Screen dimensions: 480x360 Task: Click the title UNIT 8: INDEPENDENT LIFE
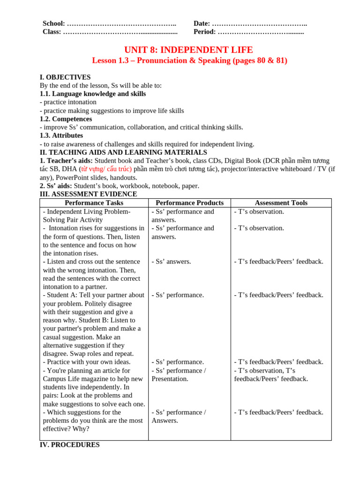click(x=188, y=50)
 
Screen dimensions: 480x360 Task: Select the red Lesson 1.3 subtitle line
click(x=189, y=60)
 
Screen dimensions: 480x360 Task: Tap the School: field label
click(x=54, y=23)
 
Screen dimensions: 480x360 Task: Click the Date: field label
click(x=202, y=23)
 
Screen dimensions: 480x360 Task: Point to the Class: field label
click(x=52, y=32)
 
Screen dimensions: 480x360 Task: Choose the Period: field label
click(x=204, y=32)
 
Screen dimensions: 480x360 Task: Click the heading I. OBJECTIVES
click(x=65, y=77)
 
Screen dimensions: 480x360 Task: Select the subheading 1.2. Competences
click(x=66, y=119)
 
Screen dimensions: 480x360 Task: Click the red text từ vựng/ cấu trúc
click(x=106, y=169)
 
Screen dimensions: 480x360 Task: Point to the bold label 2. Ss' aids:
click(x=56, y=186)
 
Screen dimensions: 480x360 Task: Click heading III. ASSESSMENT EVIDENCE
click(x=88, y=194)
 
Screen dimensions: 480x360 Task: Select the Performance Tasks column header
click(x=94, y=203)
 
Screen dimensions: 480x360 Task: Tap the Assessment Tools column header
click(x=281, y=203)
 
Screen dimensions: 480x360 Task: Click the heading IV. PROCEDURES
click(x=69, y=445)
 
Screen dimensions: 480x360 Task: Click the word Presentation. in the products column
click(x=170, y=379)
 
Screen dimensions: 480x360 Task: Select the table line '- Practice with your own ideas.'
click(x=87, y=362)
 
